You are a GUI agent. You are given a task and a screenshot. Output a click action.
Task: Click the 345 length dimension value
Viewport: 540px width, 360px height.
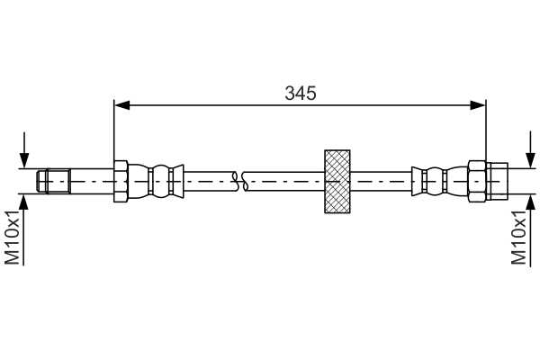coord(301,94)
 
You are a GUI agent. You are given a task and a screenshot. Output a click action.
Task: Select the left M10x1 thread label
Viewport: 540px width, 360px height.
coord(12,238)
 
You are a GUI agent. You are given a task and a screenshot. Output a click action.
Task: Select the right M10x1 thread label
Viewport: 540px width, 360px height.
coord(518,238)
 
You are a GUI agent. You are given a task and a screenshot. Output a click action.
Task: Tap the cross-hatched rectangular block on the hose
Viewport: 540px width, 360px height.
coord(337,182)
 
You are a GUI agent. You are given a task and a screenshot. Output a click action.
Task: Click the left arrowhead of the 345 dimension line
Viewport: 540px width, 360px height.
coord(121,105)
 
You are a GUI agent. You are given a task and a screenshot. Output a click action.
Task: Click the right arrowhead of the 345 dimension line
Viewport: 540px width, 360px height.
coord(478,105)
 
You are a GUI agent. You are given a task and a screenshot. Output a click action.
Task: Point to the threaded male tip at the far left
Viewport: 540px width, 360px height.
coord(54,181)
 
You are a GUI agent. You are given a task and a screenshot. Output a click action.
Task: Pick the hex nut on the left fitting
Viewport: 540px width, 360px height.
coord(121,181)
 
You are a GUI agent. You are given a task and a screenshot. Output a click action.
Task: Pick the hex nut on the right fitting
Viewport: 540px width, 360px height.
coord(477,181)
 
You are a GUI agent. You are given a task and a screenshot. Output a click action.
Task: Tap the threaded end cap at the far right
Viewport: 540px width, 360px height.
coord(497,181)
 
